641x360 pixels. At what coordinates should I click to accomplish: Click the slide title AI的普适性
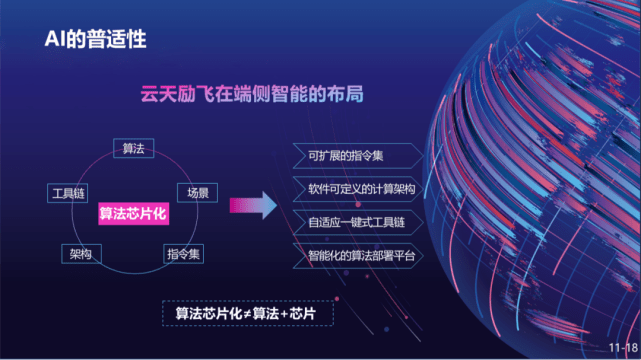point(95,39)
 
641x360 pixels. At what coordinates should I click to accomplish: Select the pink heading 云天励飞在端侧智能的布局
point(252,94)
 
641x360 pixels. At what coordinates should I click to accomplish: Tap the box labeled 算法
point(134,148)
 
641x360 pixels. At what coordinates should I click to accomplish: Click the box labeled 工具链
point(68,193)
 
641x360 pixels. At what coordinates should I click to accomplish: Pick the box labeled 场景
point(197,193)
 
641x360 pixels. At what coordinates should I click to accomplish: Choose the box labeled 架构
point(81,254)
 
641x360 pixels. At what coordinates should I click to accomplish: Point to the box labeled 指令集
point(183,254)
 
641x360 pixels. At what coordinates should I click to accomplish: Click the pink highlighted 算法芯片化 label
point(133,213)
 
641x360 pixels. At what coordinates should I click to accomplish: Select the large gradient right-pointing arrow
point(253,205)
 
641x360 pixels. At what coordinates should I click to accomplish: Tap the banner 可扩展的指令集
point(358,156)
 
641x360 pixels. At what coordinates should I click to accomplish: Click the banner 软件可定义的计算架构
point(358,189)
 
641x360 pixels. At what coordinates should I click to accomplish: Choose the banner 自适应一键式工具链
point(358,222)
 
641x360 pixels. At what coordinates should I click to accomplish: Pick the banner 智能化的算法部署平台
point(358,256)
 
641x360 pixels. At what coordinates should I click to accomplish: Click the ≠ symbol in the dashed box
point(247,314)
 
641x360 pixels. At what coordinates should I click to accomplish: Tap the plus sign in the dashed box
point(284,314)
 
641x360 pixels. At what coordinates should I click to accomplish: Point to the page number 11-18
point(623,348)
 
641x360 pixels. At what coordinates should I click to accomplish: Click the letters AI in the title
point(55,39)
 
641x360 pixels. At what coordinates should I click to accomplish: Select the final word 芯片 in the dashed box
point(303,313)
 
